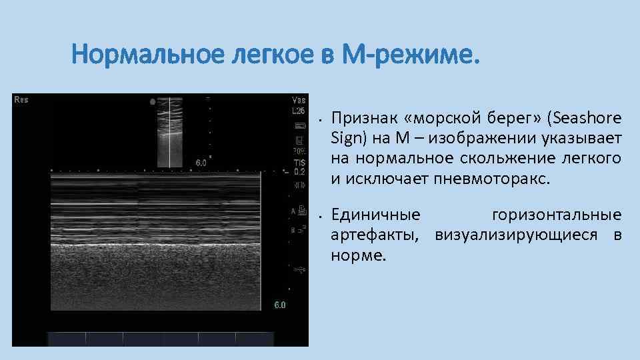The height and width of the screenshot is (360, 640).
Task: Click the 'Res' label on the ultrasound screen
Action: pos(21,100)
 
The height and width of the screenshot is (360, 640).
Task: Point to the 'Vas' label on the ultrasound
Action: pos(299,101)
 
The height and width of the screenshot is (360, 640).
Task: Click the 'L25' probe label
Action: pos(299,111)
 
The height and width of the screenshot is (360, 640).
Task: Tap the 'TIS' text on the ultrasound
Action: pos(299,162)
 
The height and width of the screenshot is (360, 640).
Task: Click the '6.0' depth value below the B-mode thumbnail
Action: pos(201,162)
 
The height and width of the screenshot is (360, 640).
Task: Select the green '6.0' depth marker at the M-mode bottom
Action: pos(280,305)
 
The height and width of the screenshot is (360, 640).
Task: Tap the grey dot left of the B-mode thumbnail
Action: pos(153,102)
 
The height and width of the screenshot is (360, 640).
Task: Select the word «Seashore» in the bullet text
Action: pos(588,119)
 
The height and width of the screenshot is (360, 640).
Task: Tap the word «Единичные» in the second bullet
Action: pos(376,215)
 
